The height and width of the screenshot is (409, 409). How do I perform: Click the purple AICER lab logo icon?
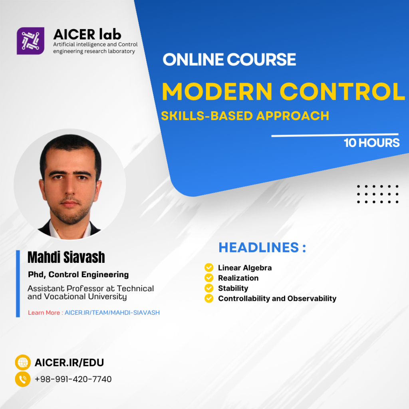point(30,41)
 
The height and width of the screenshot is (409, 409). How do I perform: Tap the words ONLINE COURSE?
point(229,60)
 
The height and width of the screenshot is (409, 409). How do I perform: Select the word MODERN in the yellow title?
point(217,91)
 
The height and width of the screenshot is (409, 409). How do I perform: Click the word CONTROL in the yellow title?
point(342,91)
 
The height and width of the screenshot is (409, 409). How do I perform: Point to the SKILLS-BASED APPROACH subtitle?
point(245,116)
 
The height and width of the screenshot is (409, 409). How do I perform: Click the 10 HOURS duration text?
point(371,143)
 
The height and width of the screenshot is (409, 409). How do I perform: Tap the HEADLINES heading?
point(262,247)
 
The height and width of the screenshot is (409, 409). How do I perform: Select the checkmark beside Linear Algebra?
point(209,268)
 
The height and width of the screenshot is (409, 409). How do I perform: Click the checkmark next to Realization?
point(209,278)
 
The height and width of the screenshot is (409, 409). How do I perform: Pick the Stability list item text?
point(233,288)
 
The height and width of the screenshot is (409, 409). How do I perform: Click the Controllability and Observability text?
point(277,298)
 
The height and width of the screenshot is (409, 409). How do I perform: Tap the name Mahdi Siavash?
point(66,257)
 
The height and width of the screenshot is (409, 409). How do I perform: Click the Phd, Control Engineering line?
point(78,275)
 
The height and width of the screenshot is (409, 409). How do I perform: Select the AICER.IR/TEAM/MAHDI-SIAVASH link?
point(112,312)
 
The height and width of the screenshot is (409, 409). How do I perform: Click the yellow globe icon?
point(23,362)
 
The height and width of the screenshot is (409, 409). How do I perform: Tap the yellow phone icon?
point(23,379)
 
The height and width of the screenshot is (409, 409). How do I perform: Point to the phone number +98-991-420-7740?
point(73,379)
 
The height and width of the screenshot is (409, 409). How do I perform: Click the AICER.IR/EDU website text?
point(69,363)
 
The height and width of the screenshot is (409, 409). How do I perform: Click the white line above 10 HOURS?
point(335,135)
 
